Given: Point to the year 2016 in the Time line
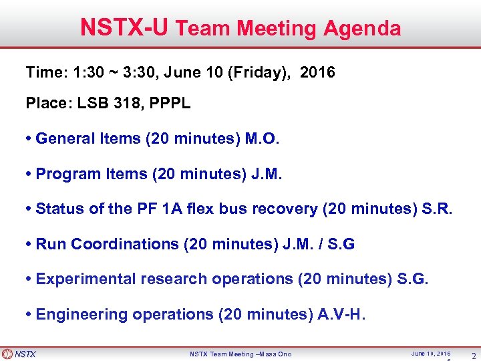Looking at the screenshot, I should pos(318,72).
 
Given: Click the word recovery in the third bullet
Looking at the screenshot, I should pos(285,209).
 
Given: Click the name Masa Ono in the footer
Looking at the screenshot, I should pos(275,354).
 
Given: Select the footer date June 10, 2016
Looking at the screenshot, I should pos(431,353).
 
